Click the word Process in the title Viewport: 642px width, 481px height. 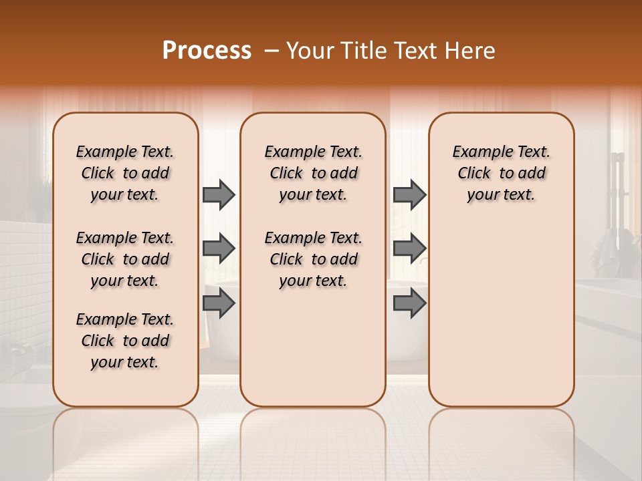click(207, 51)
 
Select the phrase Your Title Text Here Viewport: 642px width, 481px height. click(391, 51)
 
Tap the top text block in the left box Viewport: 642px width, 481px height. click(125, 173)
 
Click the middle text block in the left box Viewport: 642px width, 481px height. click(125, 259)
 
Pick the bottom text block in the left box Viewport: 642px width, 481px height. click(125, 341)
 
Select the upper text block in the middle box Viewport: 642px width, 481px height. click(313, 173)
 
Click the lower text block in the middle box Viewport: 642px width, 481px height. click(313, 259)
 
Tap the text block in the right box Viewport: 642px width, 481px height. click(502, 173)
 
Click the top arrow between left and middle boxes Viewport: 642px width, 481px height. click(219, 194)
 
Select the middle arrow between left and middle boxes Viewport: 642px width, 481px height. click(219, 249)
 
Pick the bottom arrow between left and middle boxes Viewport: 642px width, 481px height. click(219, 303)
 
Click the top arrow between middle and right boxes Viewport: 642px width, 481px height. click(409, 194)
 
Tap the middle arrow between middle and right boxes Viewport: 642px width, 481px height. click(409, 249)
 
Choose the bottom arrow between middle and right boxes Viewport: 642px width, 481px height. click(409, 303)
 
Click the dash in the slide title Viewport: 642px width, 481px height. click(272, 51)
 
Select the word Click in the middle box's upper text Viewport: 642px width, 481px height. click(286, 174)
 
